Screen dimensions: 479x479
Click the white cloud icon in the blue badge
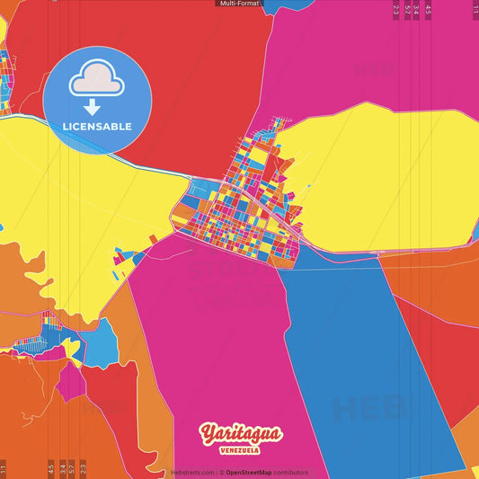pos(97,80)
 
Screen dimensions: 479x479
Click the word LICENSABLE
pos(97,126)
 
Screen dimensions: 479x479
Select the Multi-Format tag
pos(239,4)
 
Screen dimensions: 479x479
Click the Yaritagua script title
pos(242,434)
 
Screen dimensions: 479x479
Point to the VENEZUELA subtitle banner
pos(242,450)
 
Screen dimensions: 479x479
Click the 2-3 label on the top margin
pos(396,11)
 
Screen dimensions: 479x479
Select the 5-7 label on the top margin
pos(407,11)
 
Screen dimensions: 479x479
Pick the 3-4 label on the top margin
pos(417,11)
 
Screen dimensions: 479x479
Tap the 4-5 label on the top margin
pos(428,11)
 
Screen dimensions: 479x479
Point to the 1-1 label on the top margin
pos(475,11)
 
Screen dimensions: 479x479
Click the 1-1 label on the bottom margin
pos(4,467)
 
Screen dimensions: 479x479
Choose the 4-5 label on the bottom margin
pos(51,467)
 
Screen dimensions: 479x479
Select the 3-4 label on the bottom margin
pos(62,467)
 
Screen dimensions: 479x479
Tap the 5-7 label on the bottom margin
pos(72,467)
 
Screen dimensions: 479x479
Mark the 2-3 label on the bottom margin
pos(83,467)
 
